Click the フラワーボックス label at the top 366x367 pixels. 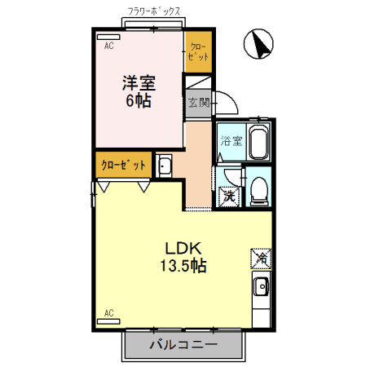[155, 11]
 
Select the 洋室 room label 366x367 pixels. [139, 83]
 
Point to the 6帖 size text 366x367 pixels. [139, 101]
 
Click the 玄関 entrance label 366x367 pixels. [198, 103]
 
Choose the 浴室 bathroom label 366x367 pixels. [231, 140]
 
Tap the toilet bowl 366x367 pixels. [259, 189]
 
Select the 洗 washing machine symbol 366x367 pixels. [230, 196]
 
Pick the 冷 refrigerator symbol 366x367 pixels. [262, 259]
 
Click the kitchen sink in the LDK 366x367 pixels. [262, 288]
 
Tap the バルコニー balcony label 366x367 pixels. [183, 345]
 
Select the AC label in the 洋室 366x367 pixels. [108, 46]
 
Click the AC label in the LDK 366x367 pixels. [108, 312]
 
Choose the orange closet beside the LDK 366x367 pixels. [123, 165]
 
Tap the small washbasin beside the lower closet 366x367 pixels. [164, 166]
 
